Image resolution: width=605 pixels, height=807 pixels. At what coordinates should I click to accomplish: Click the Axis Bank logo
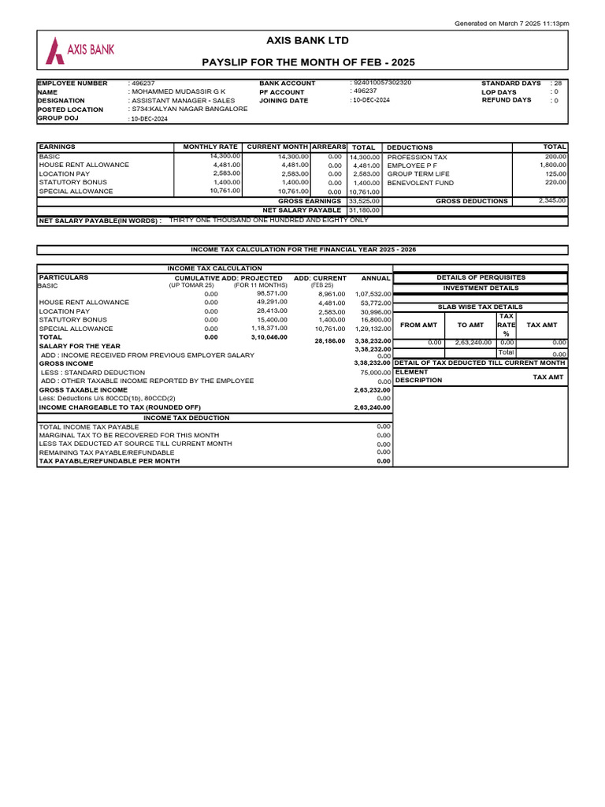[x=80, y=50]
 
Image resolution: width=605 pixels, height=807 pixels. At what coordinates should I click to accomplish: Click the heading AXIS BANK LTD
[x=307, y=40]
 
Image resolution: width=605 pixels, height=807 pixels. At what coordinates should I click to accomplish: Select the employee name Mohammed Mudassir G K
[x=178, y=91]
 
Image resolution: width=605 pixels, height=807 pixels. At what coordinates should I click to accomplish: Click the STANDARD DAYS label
[x=510, y=83]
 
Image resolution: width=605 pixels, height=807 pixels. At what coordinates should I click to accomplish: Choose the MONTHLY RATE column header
[x=210, y=147]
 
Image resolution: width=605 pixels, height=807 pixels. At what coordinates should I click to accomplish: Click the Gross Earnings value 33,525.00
[x=364, y=201]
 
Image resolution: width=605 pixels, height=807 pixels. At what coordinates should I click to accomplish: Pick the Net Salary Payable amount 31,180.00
[x=364, y=210]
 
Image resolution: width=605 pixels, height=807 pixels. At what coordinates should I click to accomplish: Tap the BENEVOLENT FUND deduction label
[x=420, y=183]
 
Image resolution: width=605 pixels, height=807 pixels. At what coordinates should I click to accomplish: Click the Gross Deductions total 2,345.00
[x=551, y=200]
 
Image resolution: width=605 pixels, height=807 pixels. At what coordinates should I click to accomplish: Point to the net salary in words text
[x=269, y=221]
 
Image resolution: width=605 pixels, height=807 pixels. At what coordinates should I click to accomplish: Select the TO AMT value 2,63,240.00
[x=472, y=343]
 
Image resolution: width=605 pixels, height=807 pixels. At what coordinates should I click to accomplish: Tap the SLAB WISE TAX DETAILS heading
[x=480, y=307]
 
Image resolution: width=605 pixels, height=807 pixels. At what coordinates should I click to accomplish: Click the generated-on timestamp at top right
[x=511, y=24]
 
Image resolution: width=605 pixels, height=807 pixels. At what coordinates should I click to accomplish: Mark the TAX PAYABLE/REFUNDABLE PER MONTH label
[x=109, y=461]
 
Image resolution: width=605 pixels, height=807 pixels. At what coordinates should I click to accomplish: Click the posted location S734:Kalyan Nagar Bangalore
[x=189, y=110]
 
